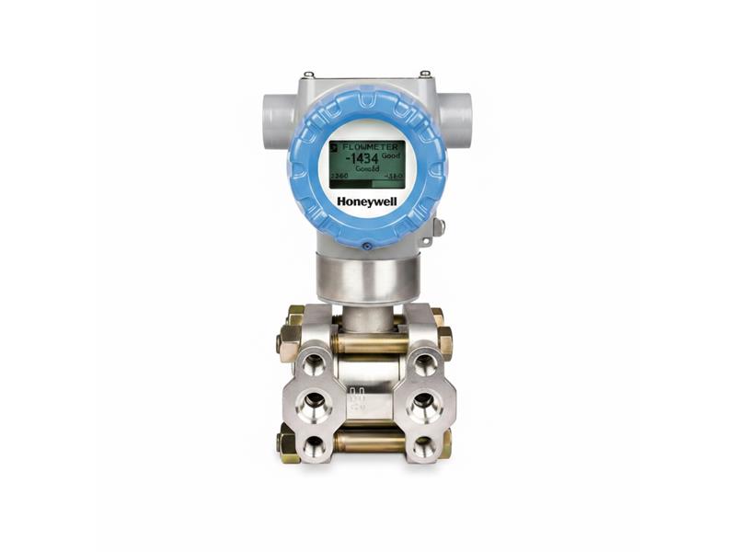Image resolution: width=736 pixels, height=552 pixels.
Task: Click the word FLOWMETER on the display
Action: click(373, 145)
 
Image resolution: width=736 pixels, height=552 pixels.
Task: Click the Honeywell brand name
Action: click(367, 201)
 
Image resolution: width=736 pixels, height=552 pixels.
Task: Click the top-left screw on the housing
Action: click(308, 75)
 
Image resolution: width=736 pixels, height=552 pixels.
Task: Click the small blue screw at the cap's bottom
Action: click(367, 245)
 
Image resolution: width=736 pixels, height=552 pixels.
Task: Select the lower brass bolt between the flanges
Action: click(367, 442)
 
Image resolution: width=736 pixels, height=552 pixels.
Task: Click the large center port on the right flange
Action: click(424, 402)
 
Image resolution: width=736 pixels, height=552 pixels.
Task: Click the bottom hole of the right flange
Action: click(424, 446)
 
